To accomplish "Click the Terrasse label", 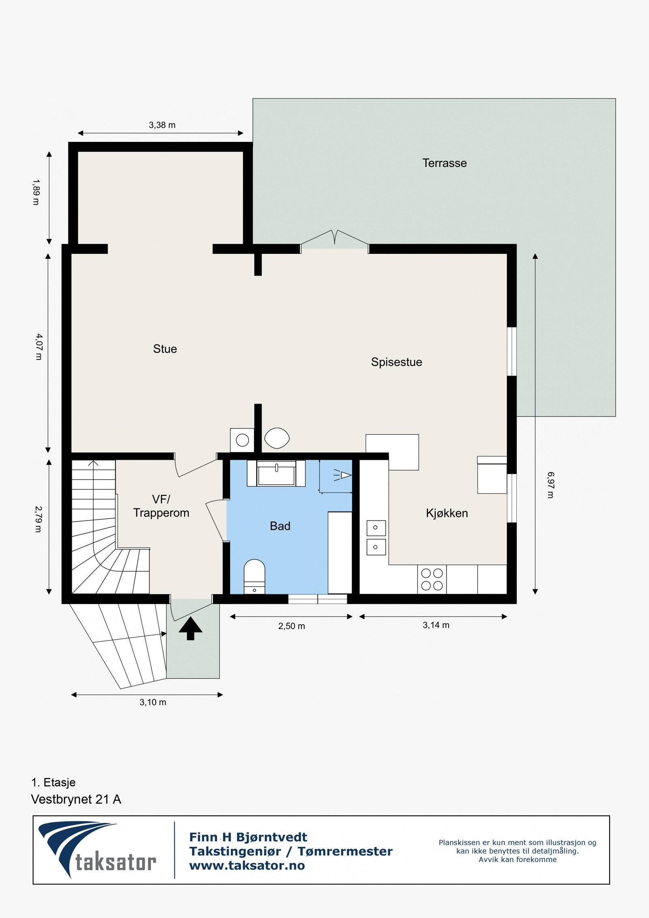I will click(444, 163).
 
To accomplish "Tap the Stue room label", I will click(165, 349).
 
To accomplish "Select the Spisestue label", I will click(396, 362).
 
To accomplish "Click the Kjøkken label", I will click(447, 513).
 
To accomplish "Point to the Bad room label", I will click(280, 526).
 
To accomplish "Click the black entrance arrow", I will click(190, 628).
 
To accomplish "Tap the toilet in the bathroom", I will click(254, 576).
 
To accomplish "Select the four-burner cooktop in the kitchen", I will click(432, 579).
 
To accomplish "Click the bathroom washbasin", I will click(276, 473).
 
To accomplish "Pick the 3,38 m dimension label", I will click(162, 125).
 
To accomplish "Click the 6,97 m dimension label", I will click(550, 485).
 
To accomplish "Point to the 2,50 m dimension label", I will click(291, 626).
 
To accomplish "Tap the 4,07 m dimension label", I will click(39, 346).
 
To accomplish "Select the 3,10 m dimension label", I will click(153, 702).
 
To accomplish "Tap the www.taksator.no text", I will click(247, 866).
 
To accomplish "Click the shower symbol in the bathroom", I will click(343, 475).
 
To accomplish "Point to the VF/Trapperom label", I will click(161, 506).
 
